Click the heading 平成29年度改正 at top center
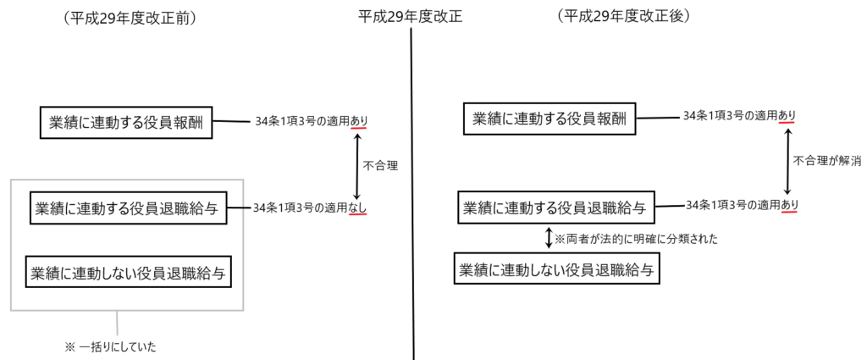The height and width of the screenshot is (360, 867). tap(410, 17)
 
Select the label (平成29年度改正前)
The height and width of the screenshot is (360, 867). tap(130, 19)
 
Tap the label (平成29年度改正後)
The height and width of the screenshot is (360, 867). tap(624, 17)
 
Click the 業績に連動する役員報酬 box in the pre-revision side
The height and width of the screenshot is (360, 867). tap(126, 123)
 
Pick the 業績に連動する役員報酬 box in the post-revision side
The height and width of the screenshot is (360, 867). tap(549, 119)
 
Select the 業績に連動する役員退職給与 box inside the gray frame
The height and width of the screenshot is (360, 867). tap(129, 208)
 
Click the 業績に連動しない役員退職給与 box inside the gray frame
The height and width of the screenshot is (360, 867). tap(129, 272)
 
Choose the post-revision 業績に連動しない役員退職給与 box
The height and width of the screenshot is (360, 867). tap(557, 269)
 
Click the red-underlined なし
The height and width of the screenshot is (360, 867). tap(358, 208)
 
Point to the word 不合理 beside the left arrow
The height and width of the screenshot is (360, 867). tap(380, 165)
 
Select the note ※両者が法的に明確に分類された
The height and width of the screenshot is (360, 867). tap(636, 239)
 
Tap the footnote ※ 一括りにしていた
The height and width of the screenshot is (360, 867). tap(111, 347)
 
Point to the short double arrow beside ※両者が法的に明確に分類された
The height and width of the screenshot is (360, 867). tap(549, 238)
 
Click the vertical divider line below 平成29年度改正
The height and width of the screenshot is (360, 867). tap(412, 193)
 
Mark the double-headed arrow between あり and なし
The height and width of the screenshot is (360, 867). tap(357, 165)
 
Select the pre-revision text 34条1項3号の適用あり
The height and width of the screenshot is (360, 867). tap(312, 121)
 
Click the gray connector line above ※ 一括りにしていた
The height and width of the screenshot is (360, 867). tap(117, 323)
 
